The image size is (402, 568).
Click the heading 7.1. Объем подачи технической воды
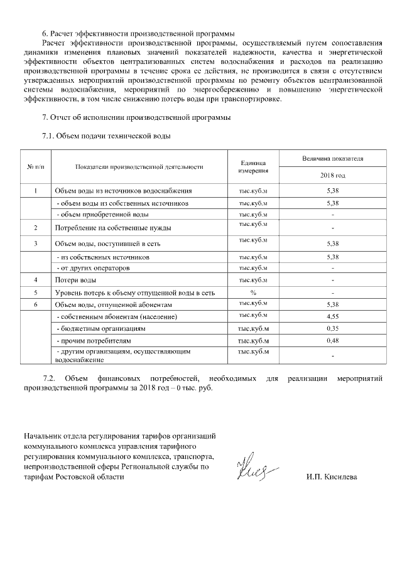[106, 136]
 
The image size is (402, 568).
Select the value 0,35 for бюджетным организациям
[332, 328]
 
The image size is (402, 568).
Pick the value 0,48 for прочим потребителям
[332, 341]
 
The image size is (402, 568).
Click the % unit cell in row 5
[253, 292]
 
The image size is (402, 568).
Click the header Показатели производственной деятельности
[139, 166]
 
